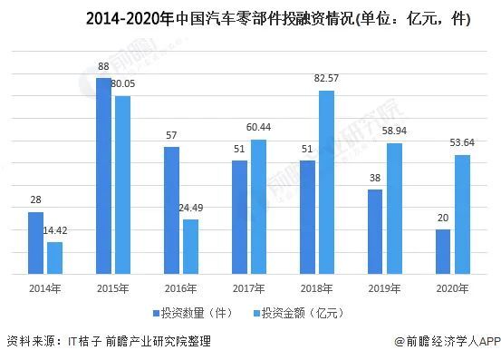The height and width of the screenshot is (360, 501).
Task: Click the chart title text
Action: point(250,19)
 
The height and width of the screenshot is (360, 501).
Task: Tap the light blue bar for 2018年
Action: point(325,181)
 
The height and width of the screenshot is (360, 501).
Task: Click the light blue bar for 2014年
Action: point(54,258)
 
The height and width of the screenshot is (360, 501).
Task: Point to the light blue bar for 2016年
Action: point(190,246)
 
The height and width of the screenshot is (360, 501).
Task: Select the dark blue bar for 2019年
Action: point(374,231)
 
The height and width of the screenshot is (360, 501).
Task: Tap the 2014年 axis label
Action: point(45,287)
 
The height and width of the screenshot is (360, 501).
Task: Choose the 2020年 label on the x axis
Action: point(451,287)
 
